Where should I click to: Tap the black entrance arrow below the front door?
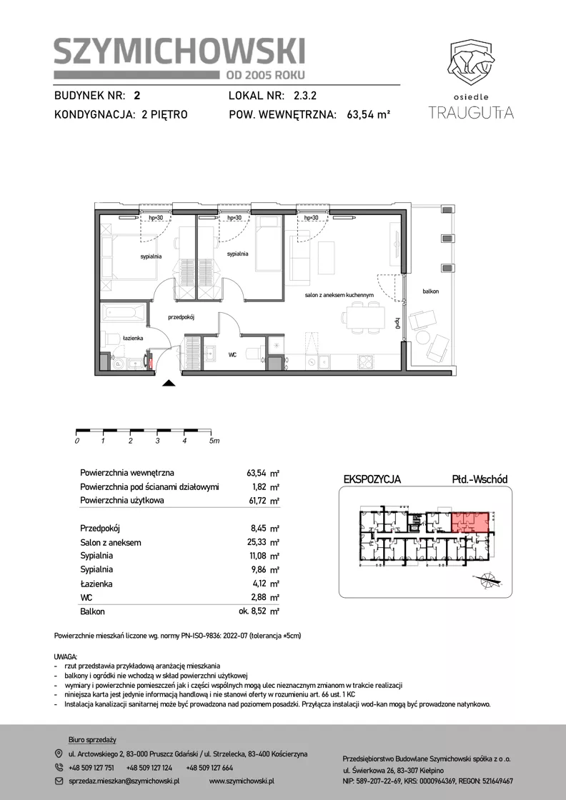coord(169,384)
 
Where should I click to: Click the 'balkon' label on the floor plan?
coord(431,291)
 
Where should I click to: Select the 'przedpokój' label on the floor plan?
coord(182,317)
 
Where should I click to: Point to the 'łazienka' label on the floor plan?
coord(133,338)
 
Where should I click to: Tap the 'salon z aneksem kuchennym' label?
coord(339,295)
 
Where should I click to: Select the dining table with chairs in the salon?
coord(363,317)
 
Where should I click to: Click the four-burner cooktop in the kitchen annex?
coord(367,361)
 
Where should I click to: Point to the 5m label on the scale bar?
coord(214,441)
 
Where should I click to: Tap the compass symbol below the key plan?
coord(489,579)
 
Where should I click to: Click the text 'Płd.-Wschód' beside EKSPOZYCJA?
coord(480,479)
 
